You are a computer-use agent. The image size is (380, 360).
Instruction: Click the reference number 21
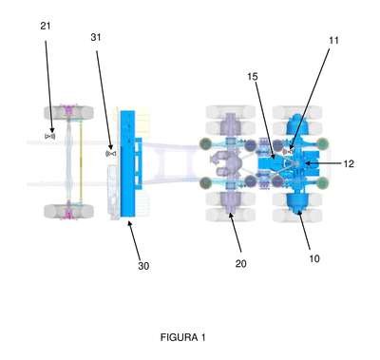(x=46, y=26)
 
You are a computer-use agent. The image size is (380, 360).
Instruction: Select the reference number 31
(x=96, y=37)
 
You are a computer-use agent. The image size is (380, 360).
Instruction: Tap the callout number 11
(x=333, y=40)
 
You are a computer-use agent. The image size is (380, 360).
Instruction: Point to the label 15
(x=253, y=76)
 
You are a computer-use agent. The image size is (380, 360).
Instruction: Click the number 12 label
(x=348, y=163)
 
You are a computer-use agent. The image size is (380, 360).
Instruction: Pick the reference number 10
(x=314, y=258)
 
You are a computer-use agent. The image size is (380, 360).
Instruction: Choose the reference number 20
(x=240, y=263)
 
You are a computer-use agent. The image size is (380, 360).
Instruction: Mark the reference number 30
(x=143, y=266)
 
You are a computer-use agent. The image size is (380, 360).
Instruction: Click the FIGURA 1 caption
(x=183, y=337)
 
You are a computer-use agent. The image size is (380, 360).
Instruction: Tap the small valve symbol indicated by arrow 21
(x=50, y=136)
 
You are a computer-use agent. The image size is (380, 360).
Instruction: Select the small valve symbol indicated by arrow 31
(x=111, y=154)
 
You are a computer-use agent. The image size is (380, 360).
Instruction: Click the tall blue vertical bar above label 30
(x=127, y=163)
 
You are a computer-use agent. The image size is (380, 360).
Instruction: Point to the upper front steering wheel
(x=68, y=113)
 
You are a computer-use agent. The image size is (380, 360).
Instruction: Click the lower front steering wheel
(x=68, y=211)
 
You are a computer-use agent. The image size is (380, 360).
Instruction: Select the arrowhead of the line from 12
(x=307, y=163)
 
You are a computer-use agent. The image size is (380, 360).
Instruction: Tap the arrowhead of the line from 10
(x=298, y=215)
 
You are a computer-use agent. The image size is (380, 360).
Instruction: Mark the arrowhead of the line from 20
(x=231, y=216)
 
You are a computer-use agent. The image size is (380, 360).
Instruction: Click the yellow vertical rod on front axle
(x=81, y=161)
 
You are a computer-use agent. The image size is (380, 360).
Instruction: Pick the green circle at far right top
(x=322, y=144)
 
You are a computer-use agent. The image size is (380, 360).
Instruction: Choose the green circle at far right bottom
(x=322, y=182)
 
